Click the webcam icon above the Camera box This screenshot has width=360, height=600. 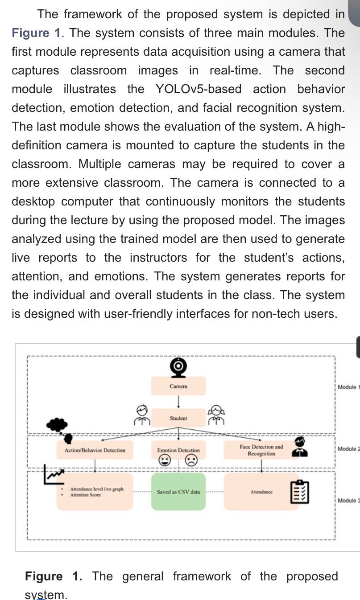[178, 366]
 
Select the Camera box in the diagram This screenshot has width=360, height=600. [178, 386]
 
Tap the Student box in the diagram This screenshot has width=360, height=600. [178, 418]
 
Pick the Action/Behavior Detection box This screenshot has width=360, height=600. [95, 450]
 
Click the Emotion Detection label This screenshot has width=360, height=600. [178, 450]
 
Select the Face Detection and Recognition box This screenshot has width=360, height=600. [261, 450]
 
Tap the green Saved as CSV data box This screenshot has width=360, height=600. [178, 492]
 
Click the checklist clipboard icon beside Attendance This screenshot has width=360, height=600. [299, 492]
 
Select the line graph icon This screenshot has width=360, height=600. [54, 475]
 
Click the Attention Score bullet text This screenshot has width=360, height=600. [85, 495]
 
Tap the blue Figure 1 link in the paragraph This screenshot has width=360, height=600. [30, 33]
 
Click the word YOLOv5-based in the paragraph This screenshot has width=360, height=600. [199, 89]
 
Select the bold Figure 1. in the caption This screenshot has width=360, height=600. [54, 576]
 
